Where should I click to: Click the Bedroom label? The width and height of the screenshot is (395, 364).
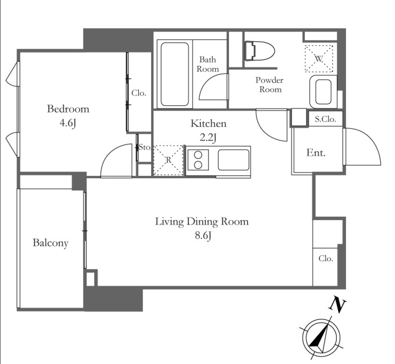(x=68, y=109)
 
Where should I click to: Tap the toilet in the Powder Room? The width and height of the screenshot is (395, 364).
(x=260, y=51)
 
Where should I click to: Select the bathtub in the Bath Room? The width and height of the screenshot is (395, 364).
(x=175, y=74)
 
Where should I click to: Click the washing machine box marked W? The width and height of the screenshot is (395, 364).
(x=319, y=59)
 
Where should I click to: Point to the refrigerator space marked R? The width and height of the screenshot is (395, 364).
(x=168, y=160)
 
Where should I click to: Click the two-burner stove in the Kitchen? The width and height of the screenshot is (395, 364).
(x=198, y=159)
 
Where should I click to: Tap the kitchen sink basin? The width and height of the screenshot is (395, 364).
(x=233, y=160)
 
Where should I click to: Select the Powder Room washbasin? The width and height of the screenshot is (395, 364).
(x=323, y=91)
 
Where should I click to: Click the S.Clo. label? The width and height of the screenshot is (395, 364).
(x=325, y=119)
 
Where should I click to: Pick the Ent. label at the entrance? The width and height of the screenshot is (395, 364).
(x=316, y=153)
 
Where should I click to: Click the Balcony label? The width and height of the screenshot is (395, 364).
(x=51, y=243)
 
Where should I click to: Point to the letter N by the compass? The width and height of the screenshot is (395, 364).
(x=337, y=305)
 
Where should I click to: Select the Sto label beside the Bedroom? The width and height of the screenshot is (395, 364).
(x=144, y=147)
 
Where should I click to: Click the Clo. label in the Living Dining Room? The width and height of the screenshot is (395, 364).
(x=325, y=258)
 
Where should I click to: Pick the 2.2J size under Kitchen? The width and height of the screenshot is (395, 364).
(x=208, y=138)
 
